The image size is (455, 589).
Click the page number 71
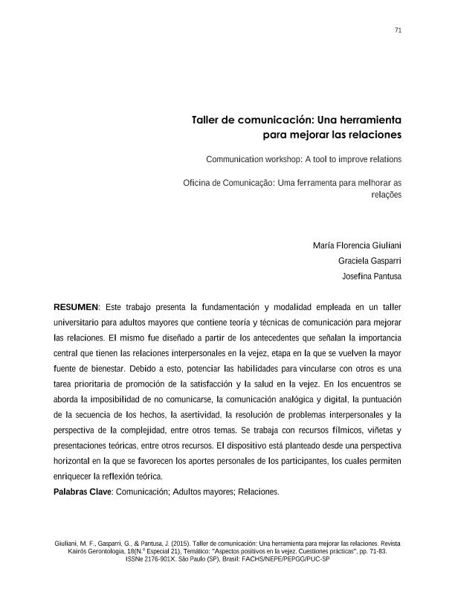(398, 30)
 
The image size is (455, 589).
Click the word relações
(386, 195)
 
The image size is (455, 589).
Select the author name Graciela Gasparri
(370, 261)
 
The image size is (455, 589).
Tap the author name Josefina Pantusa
(371, 277)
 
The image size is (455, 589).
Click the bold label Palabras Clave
(82, 492)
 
